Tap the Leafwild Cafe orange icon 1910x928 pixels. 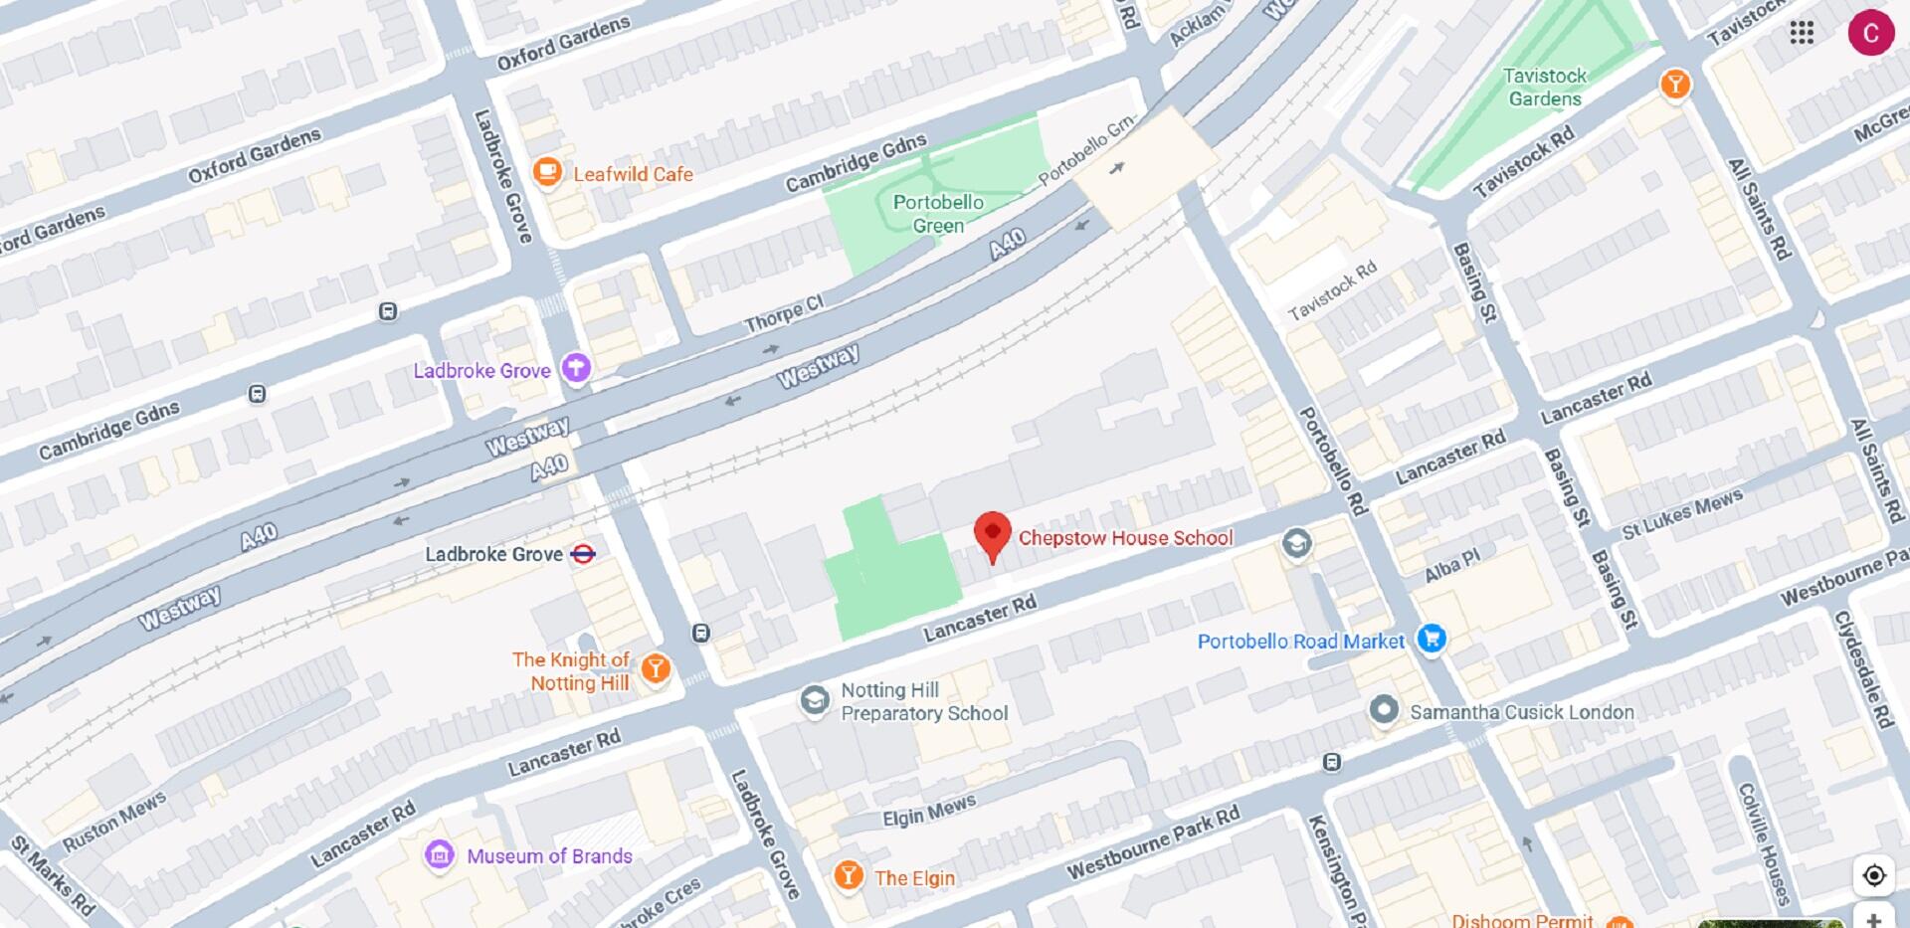[x=546, y=172]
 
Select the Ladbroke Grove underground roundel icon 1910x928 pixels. [x=583, y=554]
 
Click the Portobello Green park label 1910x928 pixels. [x=937, y=214]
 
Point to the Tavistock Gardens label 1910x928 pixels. [x=1544, y=88]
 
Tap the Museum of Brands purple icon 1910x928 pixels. [x=439, y=854]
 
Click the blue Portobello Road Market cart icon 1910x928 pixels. [x=1432, y=639]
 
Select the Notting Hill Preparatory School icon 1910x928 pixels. [x=815, y=700]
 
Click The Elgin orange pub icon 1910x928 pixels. [x=848, y=875]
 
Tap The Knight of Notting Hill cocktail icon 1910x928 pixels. [x=655, y=668]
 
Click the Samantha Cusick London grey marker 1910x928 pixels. [x=1383, y=710]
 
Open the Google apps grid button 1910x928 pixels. [x=1802, y=33]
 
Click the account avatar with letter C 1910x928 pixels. [x=1870, y=33]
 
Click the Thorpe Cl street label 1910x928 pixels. [x=784, y=314]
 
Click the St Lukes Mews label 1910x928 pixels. [x=1682, y=513]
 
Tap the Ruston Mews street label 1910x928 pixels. [x=114, y=822]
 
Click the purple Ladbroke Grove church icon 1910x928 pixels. [x=575, y=368]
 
